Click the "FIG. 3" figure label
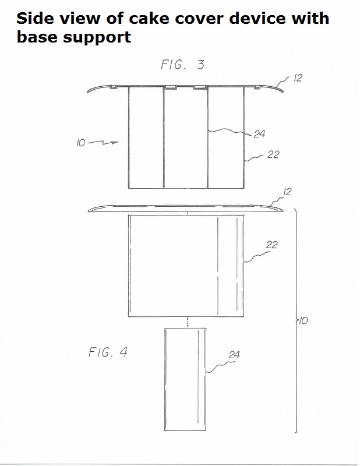coord(182,65)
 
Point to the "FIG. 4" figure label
coord(108,352)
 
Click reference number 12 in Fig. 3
coord(298,78)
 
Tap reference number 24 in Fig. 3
coord(259,134)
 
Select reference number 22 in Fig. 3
coord(273,154)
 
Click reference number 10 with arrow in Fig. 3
coord(97,143)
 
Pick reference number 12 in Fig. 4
coord(287,192)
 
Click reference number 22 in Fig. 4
coord(271,245)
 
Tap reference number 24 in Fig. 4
coord(234,355)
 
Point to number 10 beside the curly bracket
coord(303,321)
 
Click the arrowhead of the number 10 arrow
coord(116,142)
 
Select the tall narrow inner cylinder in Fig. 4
coord(185,379)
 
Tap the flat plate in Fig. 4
coord(185,209)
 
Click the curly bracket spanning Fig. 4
coord(296,321)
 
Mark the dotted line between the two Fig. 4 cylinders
coord(187,323)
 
